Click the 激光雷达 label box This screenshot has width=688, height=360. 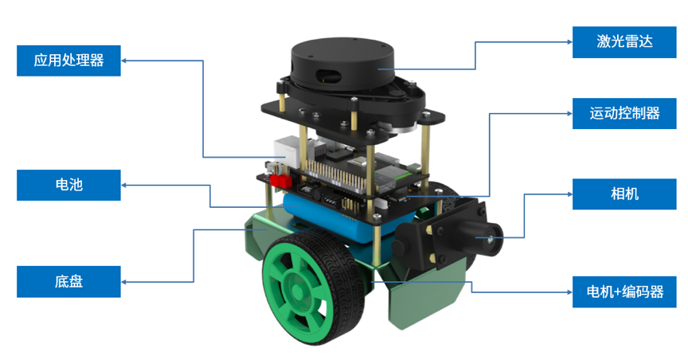pos(624,42)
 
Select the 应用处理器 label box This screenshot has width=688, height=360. pos(68,61)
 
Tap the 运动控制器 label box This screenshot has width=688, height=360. pos(624,113)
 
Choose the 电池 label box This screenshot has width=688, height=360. pos(68,185)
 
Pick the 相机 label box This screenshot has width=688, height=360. pos(624,194)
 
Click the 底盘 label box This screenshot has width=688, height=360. pos(68,281)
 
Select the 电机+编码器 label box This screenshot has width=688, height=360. pos(624,292)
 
